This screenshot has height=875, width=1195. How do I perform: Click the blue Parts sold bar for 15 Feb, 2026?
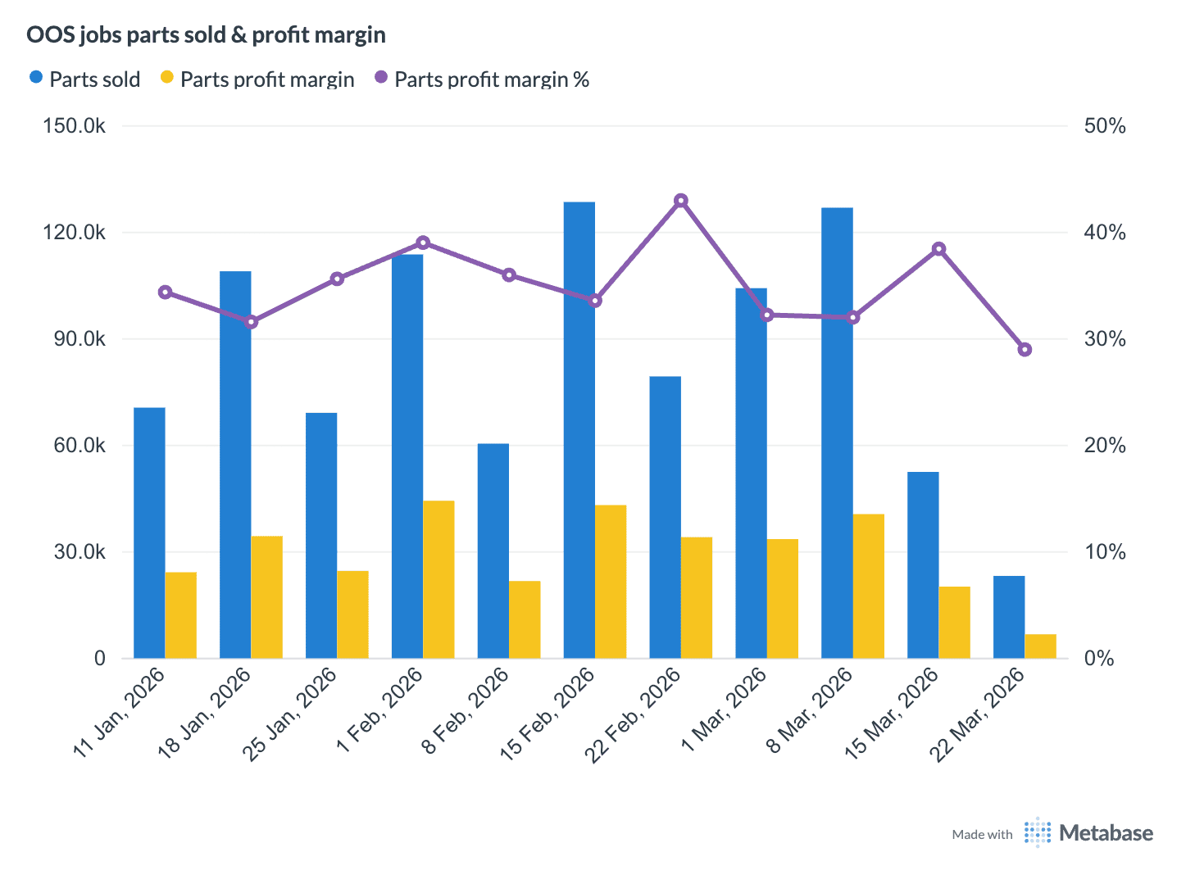click(579, 430)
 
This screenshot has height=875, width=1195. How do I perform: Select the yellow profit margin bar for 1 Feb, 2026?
click(438, 579)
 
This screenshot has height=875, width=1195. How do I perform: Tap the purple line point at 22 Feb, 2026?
click(680, 201)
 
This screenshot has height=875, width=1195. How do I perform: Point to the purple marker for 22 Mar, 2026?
click(1025, 350)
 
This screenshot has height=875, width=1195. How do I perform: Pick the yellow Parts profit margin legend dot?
click(167, 78)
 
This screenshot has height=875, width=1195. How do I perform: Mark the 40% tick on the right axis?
click(1104, 233)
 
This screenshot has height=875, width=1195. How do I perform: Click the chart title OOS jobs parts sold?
click(206, 34)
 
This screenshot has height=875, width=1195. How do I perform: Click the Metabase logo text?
click(1106, 833)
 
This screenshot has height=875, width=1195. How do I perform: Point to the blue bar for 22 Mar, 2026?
click(1008, 617)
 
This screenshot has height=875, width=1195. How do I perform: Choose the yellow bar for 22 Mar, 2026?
click(1040, 646)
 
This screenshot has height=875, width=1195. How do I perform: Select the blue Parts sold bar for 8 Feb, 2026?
click(493, 551)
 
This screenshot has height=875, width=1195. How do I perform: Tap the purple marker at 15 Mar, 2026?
click(939, 249)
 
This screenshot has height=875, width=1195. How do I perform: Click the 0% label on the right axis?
click(1098, 659)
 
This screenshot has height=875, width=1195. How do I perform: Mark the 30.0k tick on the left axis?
click(80, 552)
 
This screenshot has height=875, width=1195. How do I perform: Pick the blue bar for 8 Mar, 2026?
click(837, 433)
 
